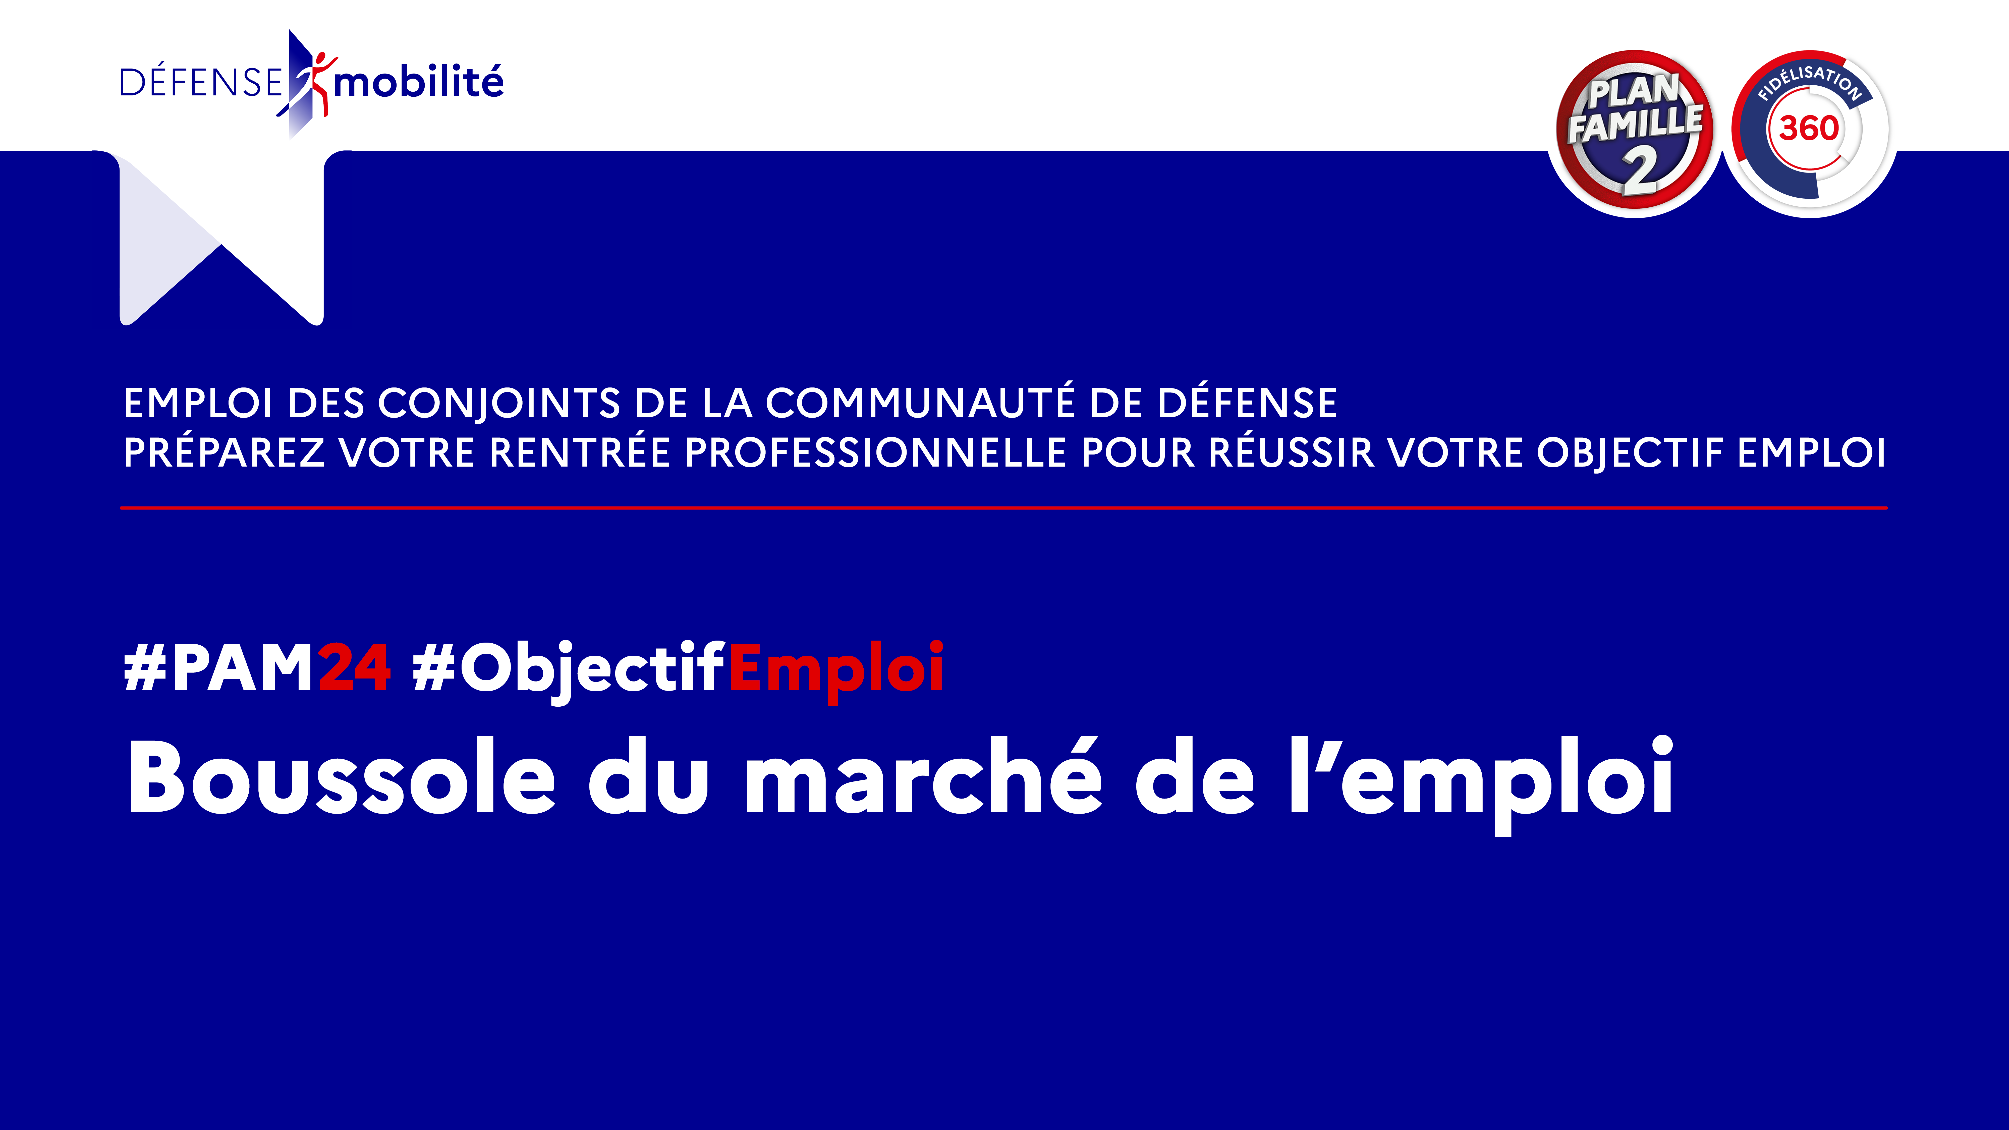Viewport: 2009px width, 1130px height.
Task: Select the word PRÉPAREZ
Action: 224,452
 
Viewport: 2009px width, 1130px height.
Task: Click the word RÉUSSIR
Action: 1292,452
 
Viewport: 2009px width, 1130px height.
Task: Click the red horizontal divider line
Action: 1004,508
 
